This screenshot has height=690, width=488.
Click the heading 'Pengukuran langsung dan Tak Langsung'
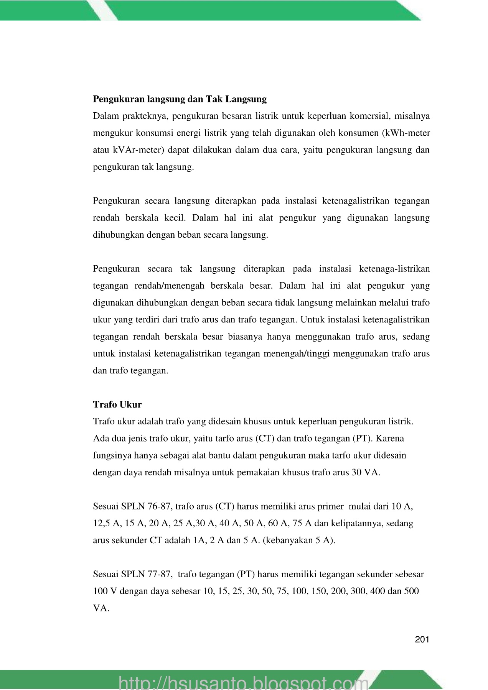point(180,99)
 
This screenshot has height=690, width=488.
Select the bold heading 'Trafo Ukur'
point(117,404)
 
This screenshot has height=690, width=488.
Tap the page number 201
point(422,639)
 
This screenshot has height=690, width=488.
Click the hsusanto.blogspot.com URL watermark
point(244,680)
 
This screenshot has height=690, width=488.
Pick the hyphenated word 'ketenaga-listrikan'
point(394,269)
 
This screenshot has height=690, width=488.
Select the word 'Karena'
point(391,438)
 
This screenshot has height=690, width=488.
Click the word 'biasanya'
point(245,337)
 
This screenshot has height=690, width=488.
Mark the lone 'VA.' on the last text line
point(101,608)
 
